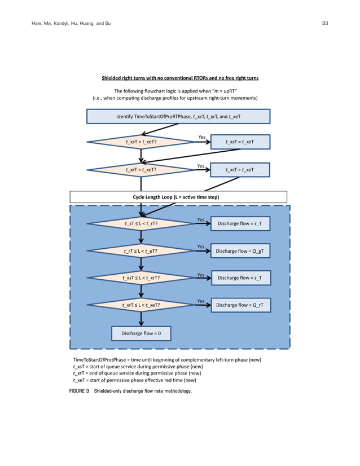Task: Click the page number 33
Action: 324,23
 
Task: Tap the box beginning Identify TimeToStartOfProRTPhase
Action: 178,116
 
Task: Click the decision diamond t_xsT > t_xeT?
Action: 141,142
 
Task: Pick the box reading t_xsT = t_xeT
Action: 239,142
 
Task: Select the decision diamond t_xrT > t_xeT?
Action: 141,169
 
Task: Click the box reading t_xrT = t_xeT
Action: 239,169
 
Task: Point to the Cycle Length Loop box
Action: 178,197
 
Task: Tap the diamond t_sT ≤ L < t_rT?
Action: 141,224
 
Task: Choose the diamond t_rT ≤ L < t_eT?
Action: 141,251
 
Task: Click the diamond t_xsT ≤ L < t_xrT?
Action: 141,278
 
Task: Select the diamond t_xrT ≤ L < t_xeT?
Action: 141,305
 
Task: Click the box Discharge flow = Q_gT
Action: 240,251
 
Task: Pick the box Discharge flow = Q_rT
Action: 240,305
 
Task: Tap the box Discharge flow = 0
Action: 141,334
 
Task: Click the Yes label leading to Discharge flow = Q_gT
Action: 200,247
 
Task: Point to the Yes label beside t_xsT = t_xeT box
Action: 202,137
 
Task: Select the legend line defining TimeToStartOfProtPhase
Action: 167,359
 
